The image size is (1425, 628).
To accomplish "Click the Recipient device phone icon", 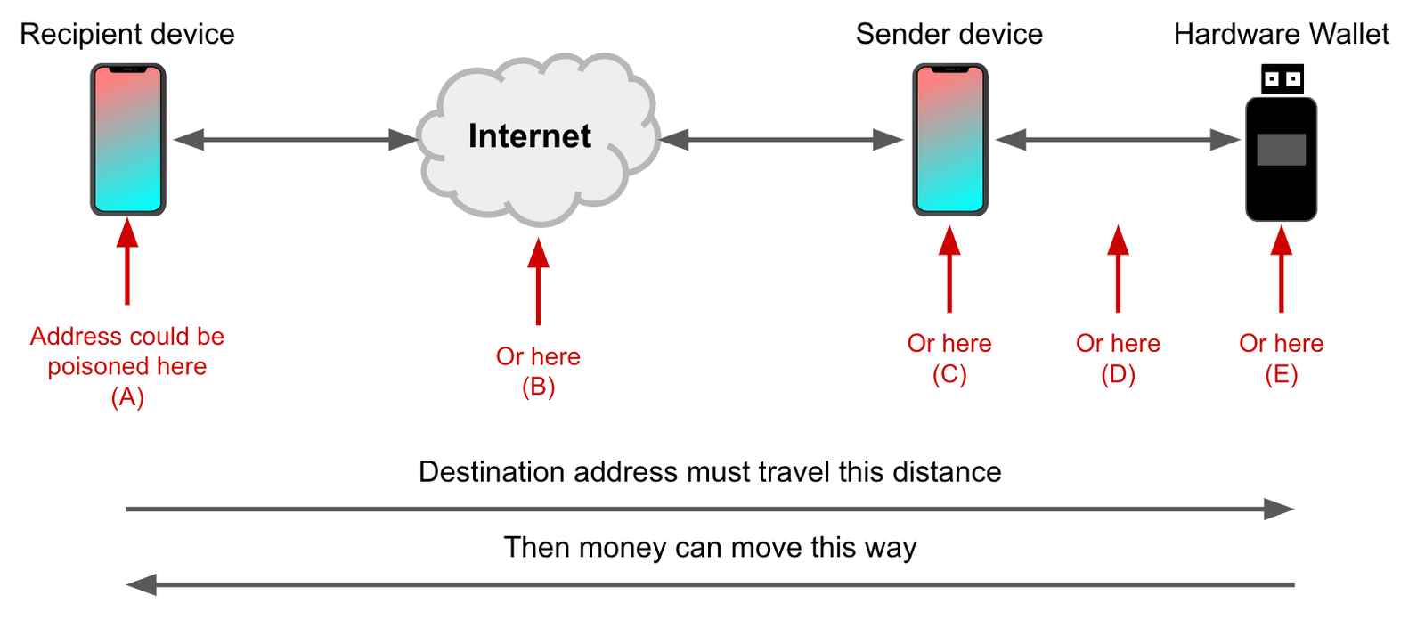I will [x=128, y=139].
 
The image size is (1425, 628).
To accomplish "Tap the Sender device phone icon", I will [x=950, y=139].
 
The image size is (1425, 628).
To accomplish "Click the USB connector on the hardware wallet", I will [x=1282, y=78].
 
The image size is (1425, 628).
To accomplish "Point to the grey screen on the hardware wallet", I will [x=1281, y=150].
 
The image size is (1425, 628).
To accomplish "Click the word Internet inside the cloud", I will [x=530, y=136].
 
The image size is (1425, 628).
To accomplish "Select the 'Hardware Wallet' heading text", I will [x=1281, y=34].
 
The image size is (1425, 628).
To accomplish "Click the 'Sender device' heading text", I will [x=949, y=34].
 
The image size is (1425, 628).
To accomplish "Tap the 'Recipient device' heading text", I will [x=127, y=34].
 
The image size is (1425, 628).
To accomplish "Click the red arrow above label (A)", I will [x=127, y=263].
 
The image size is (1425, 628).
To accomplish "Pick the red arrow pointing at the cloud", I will [x=538, y=281].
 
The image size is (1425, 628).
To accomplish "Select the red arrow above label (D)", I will [x=1118, y=267].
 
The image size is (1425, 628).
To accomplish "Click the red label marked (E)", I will [x=1281, y=358].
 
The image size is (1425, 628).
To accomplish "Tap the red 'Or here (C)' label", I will [x=949, y=358].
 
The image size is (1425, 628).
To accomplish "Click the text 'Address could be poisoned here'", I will [x=127, y=351].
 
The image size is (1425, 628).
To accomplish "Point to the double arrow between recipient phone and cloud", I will [x=294, y=140].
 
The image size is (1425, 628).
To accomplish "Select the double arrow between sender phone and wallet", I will [x=1117, y=140].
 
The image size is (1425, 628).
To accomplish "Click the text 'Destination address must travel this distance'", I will [x=710, y=471].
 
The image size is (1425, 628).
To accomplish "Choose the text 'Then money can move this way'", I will [x=710, y=547].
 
